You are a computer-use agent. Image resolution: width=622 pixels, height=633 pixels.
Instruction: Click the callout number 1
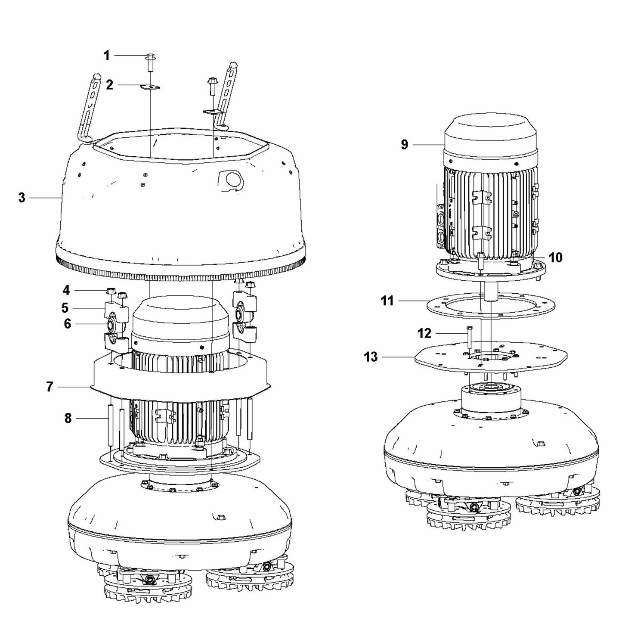point(106,56)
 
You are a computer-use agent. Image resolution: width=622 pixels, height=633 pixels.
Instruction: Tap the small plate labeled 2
point(150,87)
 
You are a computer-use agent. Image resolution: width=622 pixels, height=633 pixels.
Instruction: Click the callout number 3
point(22,198)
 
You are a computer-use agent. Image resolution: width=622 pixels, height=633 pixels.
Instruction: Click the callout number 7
point(50,387)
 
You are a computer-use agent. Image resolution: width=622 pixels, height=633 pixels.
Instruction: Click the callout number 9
point(404,145)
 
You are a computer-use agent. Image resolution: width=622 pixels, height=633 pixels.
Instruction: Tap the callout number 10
point(555,258)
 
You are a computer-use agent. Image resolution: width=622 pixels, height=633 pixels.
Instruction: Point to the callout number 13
point(371,357)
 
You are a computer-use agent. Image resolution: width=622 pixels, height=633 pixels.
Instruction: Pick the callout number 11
point(387,301)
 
